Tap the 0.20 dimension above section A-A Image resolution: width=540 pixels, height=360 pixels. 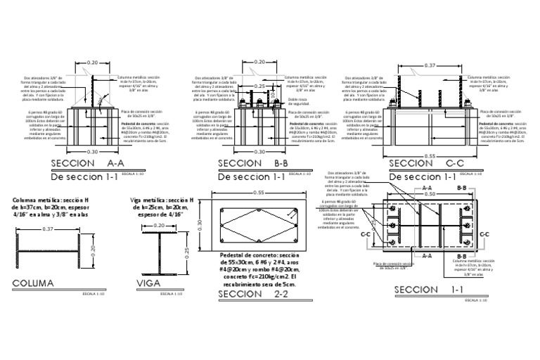click(92, 63)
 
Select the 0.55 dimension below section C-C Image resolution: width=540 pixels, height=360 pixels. click(430, 155)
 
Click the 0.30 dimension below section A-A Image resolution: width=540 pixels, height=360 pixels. click(92, 150)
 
